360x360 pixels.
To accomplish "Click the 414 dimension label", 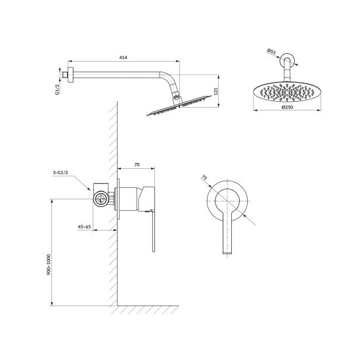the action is [x=123, y=57].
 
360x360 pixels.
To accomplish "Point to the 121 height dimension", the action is [x=215, y=91].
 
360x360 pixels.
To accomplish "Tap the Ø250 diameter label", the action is [x=287, y=107].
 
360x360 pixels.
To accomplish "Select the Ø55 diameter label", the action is [x=271, y=52].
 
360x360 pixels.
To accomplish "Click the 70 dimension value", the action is [x=137, y=164].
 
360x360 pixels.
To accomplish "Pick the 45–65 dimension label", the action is [x=84, y=227].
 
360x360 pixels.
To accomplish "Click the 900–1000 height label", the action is [x=49, y=265].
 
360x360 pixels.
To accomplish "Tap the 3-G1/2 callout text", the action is [x=60, y=172].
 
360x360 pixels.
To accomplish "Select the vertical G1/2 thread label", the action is [x=57, y=89].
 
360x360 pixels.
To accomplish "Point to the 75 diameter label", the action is [x=204, y=178].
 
